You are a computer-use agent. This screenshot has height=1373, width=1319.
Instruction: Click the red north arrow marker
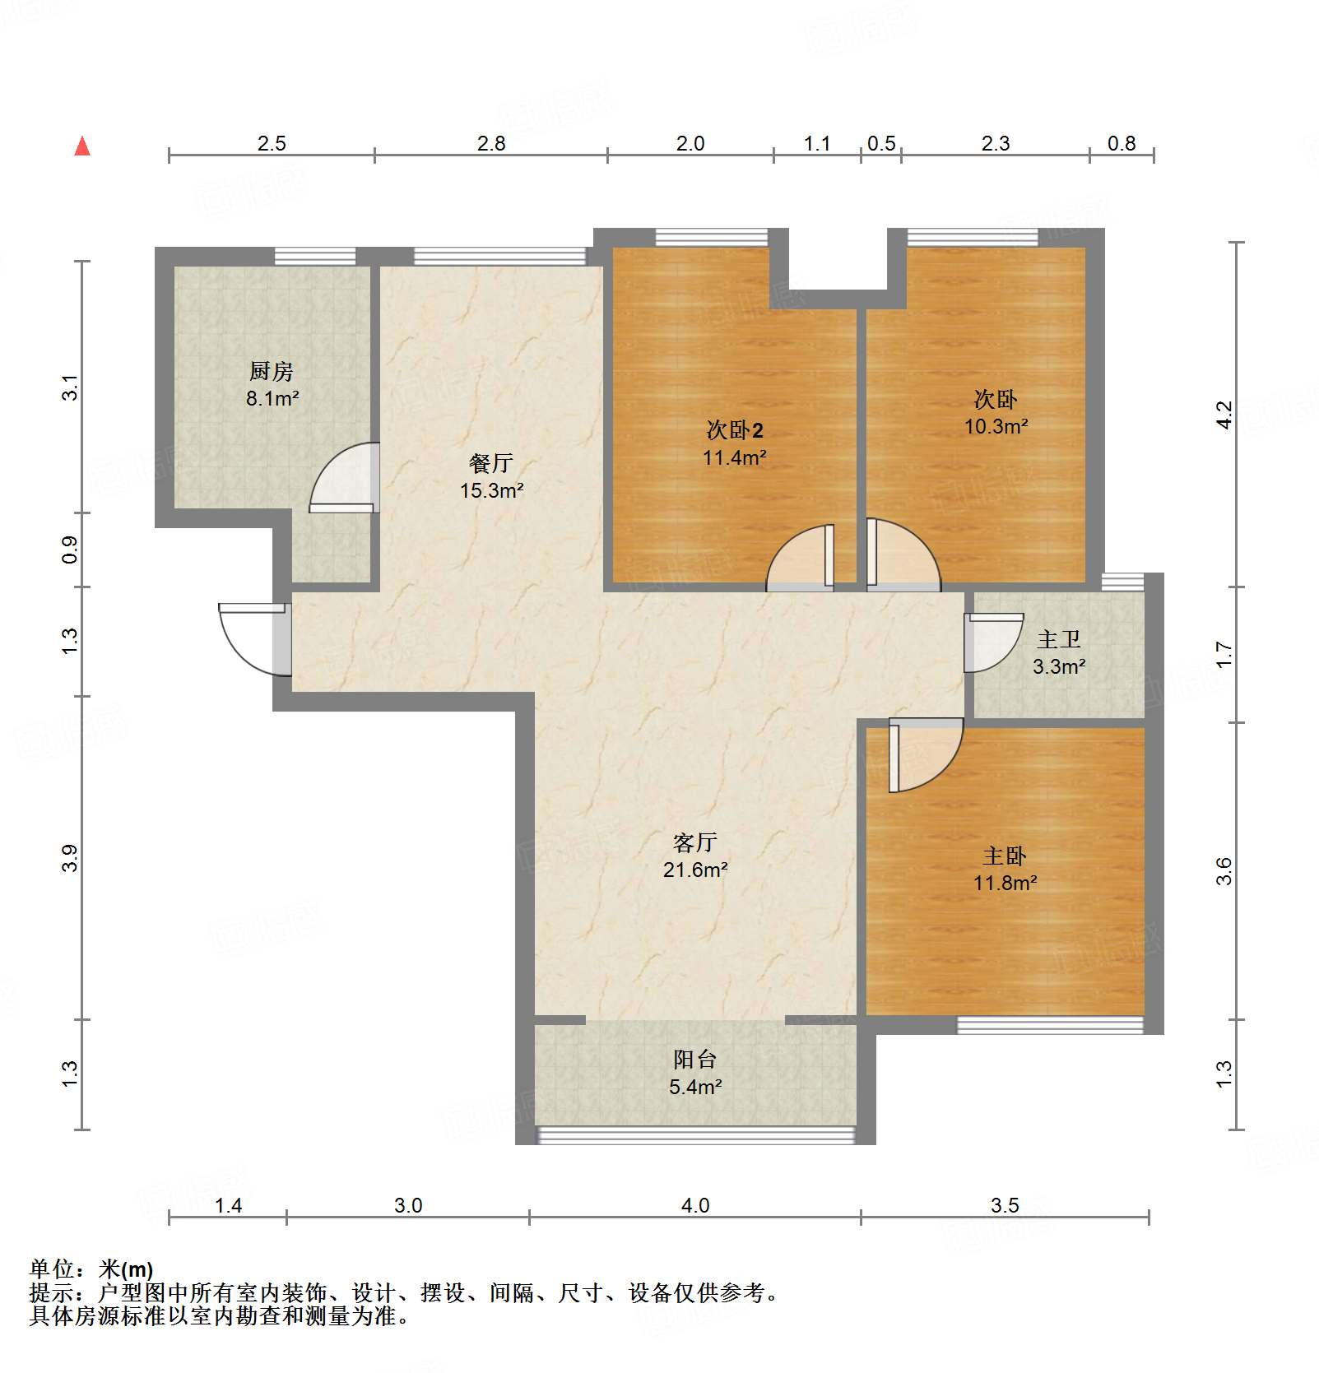pos(82,146)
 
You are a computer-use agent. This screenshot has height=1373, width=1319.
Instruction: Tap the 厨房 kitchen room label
pos(271,372)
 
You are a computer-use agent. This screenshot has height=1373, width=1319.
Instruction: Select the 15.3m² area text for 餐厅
pos(491,491)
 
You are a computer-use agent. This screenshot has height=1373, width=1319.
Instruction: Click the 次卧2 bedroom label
pos(734,430)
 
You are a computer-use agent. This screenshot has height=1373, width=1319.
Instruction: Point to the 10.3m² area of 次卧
pos(996,426)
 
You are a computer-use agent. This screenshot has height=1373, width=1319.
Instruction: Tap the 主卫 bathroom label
pos(1058,639)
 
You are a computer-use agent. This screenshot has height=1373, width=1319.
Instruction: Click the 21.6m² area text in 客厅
pos(695,870)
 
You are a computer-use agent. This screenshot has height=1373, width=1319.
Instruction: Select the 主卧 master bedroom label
pos(1004,856)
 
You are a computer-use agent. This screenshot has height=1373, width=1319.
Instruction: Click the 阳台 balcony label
pos(694,1060)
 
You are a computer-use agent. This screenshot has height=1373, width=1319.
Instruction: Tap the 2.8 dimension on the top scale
pos(491,143)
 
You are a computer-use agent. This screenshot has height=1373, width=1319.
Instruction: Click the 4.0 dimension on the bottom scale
pos(695,1205)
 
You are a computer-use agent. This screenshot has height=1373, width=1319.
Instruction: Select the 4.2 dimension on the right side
pos(1224,414)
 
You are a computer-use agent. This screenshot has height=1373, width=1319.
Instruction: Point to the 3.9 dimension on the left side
pos(71,858)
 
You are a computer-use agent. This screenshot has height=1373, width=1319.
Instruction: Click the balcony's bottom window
pos(695,1135)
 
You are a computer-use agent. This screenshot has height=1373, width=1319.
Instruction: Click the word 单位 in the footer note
pos(51,1269)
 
